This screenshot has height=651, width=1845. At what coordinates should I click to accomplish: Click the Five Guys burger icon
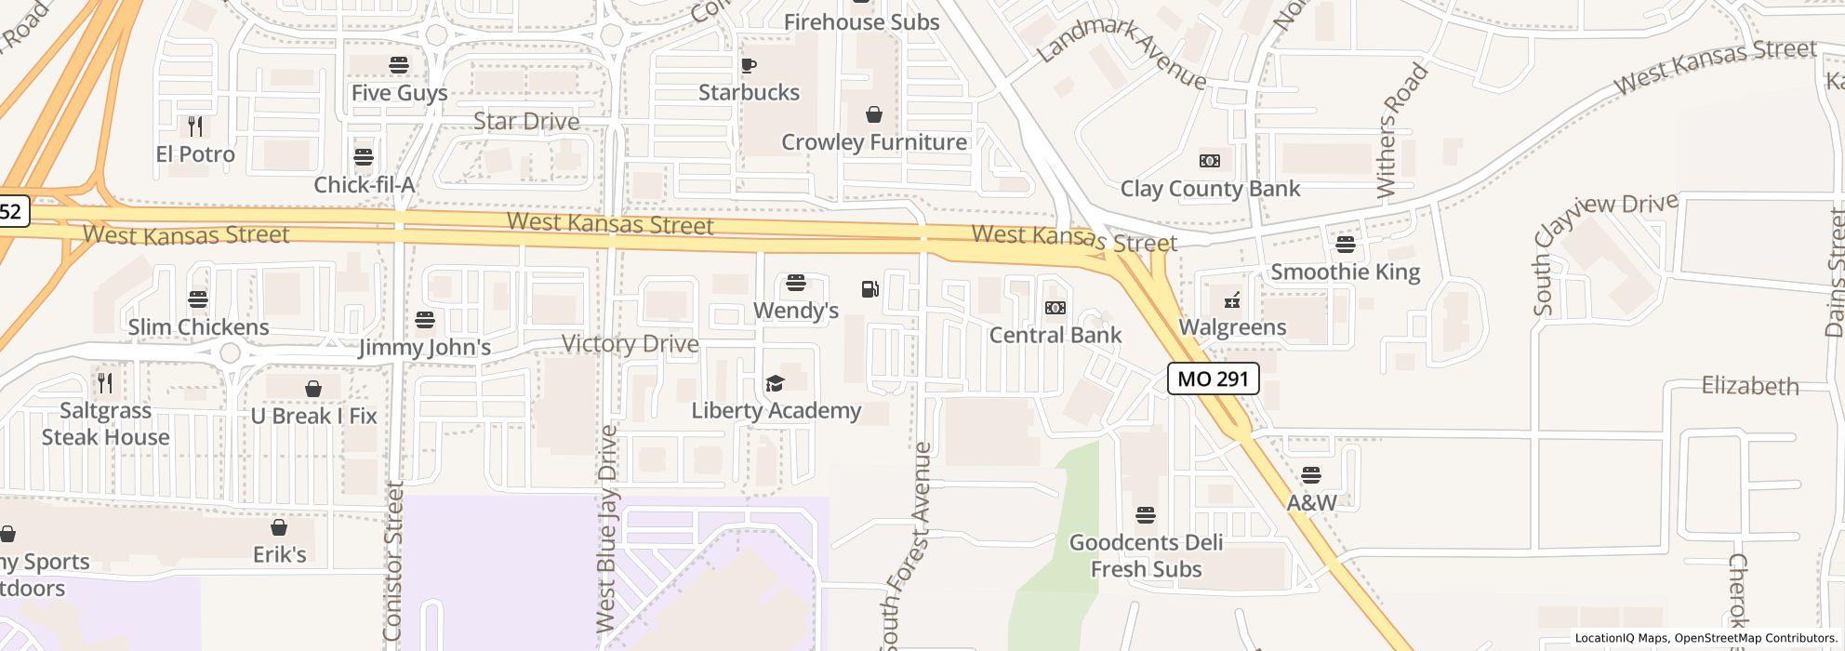tap(399, 65)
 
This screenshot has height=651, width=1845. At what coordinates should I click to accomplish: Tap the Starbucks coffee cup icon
tap(749, 65)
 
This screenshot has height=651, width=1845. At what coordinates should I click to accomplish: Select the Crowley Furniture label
tap(873, 142)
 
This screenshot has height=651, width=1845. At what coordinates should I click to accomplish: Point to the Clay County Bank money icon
tap(1209, 161)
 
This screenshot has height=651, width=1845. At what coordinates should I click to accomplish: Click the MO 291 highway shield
tap(1214, 379)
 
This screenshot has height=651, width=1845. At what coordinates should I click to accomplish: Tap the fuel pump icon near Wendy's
tap(870, 289)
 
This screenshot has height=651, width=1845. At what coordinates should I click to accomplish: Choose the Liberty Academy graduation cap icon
tap(775, 383)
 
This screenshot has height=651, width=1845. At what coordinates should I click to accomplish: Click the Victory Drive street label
tap(630, 344)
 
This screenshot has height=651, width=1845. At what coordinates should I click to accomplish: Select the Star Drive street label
tap(525, 122)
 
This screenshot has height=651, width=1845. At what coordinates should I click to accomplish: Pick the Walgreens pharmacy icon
tap(1232, 300)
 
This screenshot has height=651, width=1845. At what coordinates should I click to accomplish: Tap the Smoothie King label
tap(1345, 272)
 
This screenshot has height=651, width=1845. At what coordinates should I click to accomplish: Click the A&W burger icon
tap(1311, 475)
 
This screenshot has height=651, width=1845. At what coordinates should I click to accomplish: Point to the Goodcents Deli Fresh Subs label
tap(1146, 555)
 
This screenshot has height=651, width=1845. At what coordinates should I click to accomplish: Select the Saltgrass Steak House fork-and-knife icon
tap(105, 382)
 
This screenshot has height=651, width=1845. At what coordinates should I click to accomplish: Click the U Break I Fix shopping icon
tap(313, 388)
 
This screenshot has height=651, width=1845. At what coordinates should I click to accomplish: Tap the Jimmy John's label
tap(424, 348)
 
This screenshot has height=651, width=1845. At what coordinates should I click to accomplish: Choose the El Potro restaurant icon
tap(195, 126)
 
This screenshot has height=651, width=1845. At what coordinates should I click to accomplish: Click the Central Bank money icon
tap(1055, 308)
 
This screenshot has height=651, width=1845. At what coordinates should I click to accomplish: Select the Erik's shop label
tap(279, 555)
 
